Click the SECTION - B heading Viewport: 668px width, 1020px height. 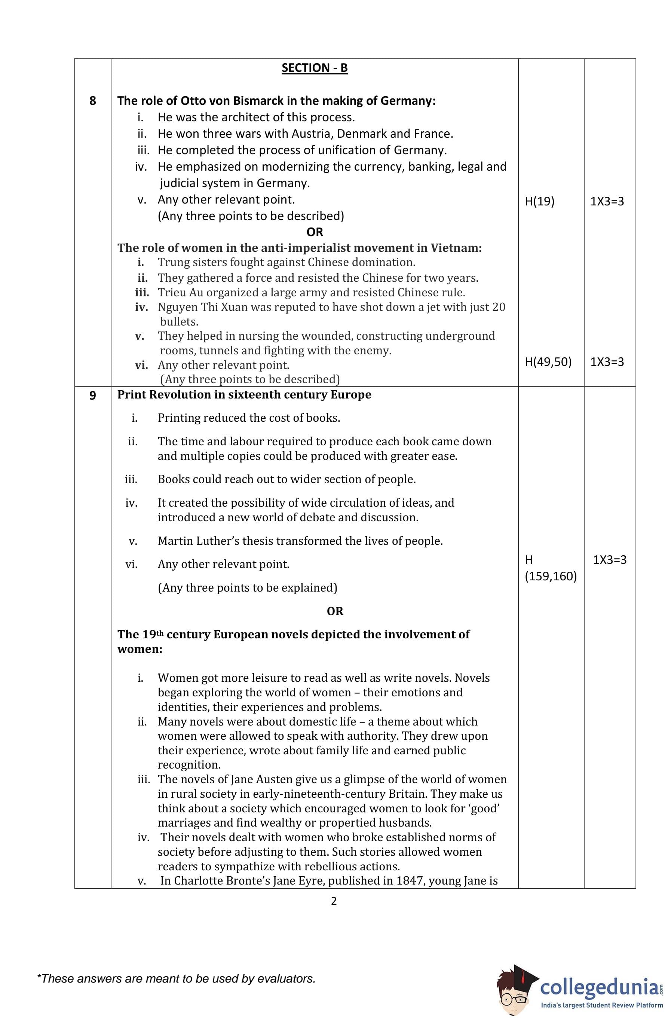click(314, 68)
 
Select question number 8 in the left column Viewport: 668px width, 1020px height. click(92, 101)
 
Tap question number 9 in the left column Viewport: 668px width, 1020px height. click(92, 395)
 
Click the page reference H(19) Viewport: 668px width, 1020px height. click(539, 201)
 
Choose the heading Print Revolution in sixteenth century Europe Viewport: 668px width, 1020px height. click(244, 394)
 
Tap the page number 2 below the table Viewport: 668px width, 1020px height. click(334, 901)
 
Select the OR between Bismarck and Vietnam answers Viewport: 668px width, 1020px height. click(315, 232)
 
